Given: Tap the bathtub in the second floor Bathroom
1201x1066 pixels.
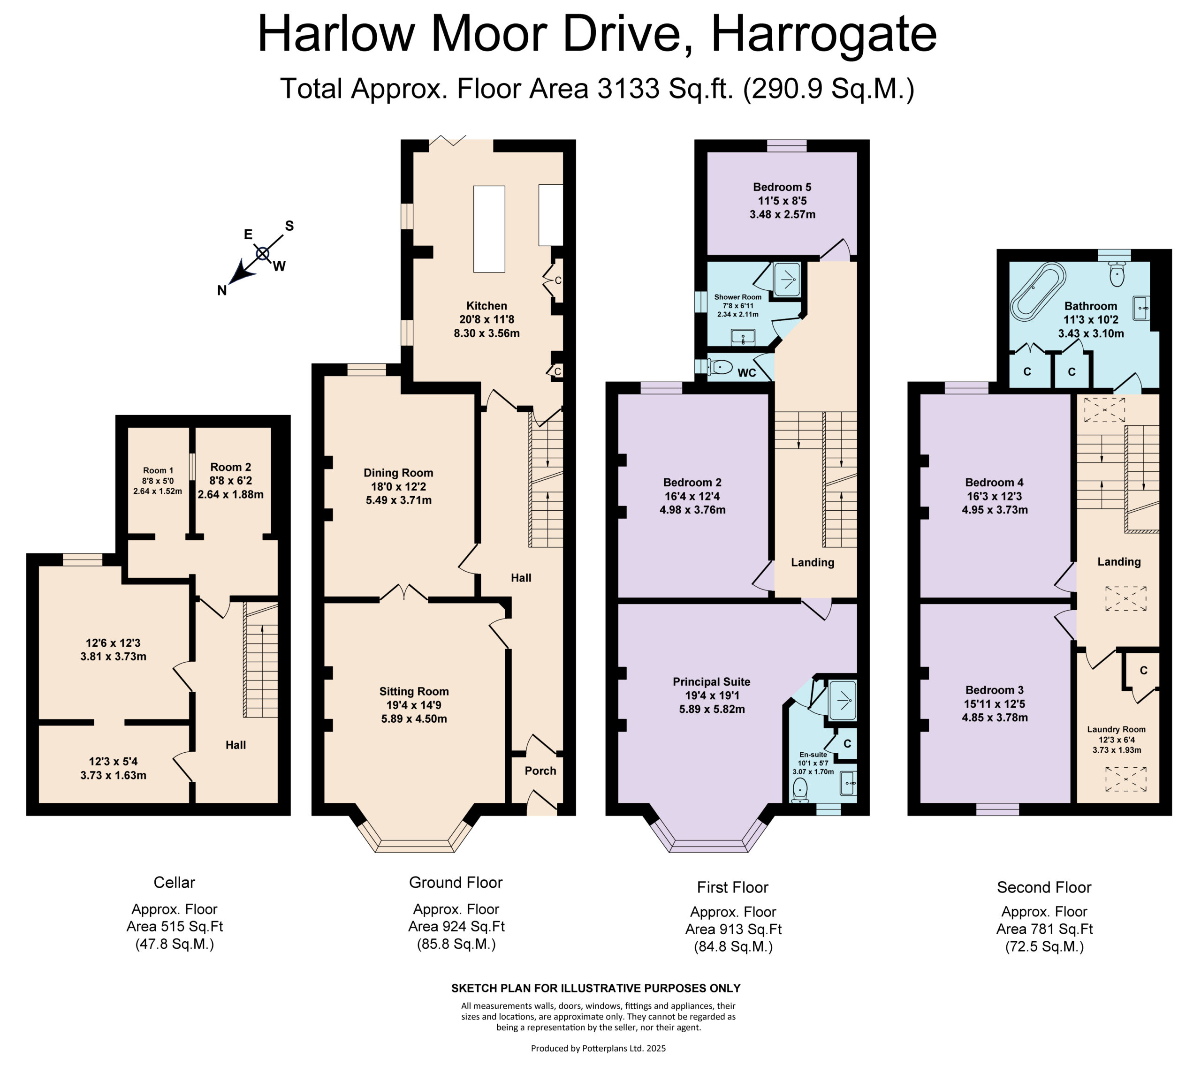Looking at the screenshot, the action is click(x=1038, y=290).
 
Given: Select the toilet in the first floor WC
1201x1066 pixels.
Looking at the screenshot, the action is click(x=720, y=368).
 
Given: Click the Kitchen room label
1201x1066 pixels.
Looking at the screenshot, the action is click(x=486, y=305).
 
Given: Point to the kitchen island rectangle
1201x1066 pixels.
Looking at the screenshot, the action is click(x=489, y=229).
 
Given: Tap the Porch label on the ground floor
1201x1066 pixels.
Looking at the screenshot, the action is click(x=540, y=771).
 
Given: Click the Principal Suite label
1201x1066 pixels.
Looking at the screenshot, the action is click(x=712, y=682).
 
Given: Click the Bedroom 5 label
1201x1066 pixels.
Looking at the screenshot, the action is click(x=782, y=187).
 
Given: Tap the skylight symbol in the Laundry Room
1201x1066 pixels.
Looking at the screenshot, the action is click(x=1126, y=779).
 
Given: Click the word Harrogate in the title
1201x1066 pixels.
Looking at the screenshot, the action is click(x=824, y=34).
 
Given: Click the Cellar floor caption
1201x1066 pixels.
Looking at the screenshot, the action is click(x=174, y=882).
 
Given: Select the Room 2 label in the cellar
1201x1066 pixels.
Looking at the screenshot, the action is click(x=230, y=467).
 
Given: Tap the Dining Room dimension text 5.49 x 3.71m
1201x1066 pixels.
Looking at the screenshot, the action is click(x=398, y=500).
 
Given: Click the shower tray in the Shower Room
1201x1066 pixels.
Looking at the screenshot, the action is click(x=786, y=280).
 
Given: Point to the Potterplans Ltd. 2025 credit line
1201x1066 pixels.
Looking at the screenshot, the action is click(x=598, y=1048).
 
